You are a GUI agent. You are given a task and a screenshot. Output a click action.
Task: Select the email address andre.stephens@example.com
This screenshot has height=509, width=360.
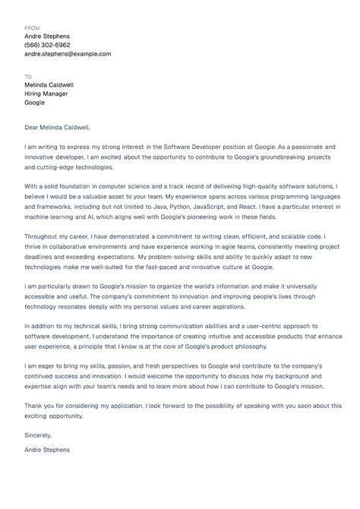click(68, 54)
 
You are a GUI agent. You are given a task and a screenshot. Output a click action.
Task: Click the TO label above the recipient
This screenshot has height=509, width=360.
click(28, 77)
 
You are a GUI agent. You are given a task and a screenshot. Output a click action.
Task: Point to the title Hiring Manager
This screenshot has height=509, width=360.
click(46, 93)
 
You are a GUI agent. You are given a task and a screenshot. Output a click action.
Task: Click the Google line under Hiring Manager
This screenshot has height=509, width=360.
click(35, 103)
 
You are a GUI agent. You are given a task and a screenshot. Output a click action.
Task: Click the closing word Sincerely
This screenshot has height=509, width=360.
click(38, 435)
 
